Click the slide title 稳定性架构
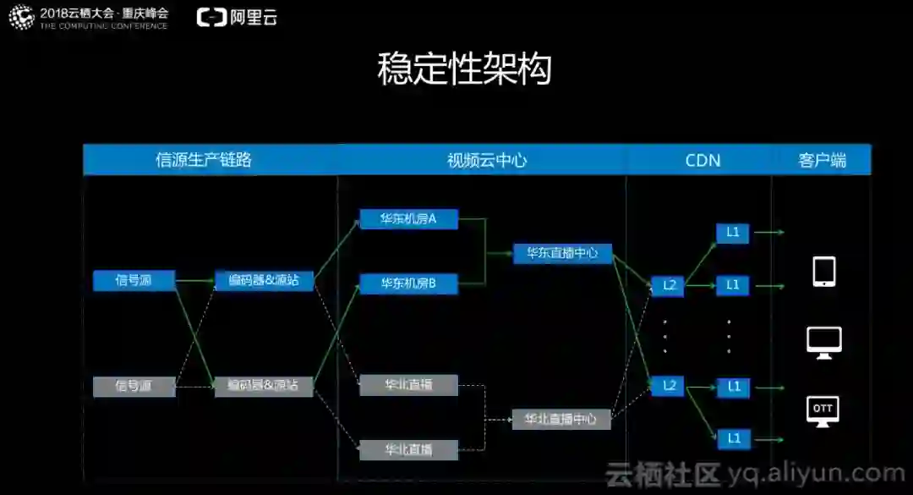464,70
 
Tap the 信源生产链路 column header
204,160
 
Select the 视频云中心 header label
487,160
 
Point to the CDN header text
703,160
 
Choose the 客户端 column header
822,160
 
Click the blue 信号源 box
134,281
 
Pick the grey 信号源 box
134,387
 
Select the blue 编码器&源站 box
264,280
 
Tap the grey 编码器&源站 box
264,386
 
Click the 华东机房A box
408,219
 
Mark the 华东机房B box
408,283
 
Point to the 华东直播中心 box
562,253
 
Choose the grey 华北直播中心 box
561,419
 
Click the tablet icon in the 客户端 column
823,272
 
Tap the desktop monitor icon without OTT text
823,342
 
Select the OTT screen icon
823,410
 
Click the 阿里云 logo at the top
238,17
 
